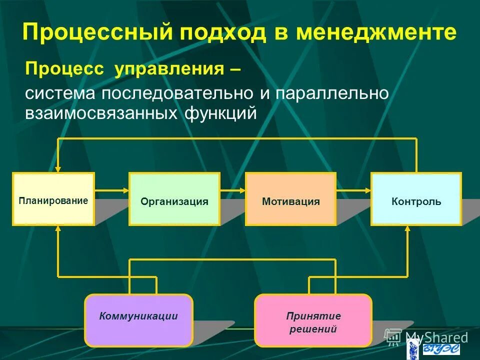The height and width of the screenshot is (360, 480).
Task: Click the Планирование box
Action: point(53,199)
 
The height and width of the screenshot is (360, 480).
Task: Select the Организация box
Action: point(174,199)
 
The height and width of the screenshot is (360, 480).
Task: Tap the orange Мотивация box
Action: point(290,199)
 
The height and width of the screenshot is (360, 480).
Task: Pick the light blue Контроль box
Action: point(415,199)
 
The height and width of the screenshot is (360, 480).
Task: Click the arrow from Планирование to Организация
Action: point(111,190)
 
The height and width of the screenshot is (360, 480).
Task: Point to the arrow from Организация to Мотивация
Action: point(232,190)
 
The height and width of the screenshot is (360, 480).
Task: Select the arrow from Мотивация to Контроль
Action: point(353,190)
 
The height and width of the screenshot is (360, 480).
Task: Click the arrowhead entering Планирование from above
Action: point(58,168)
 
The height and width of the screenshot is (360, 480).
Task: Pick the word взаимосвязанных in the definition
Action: point(102,113)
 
